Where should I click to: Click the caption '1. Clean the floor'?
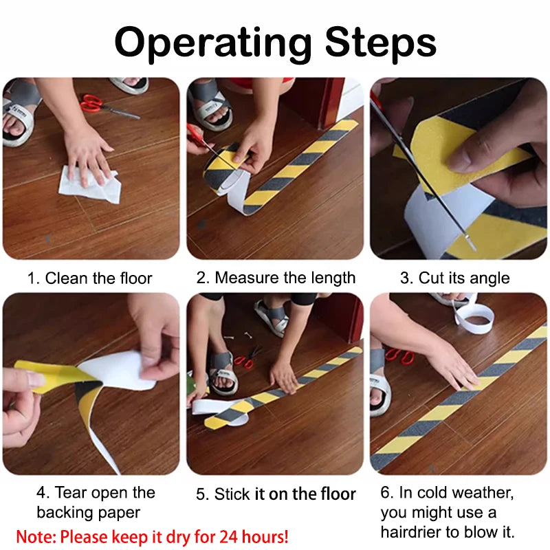click(x=89, y=278)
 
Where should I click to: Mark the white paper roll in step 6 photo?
click(x=474, y=317)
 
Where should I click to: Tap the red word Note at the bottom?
click(x=34, y=536)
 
